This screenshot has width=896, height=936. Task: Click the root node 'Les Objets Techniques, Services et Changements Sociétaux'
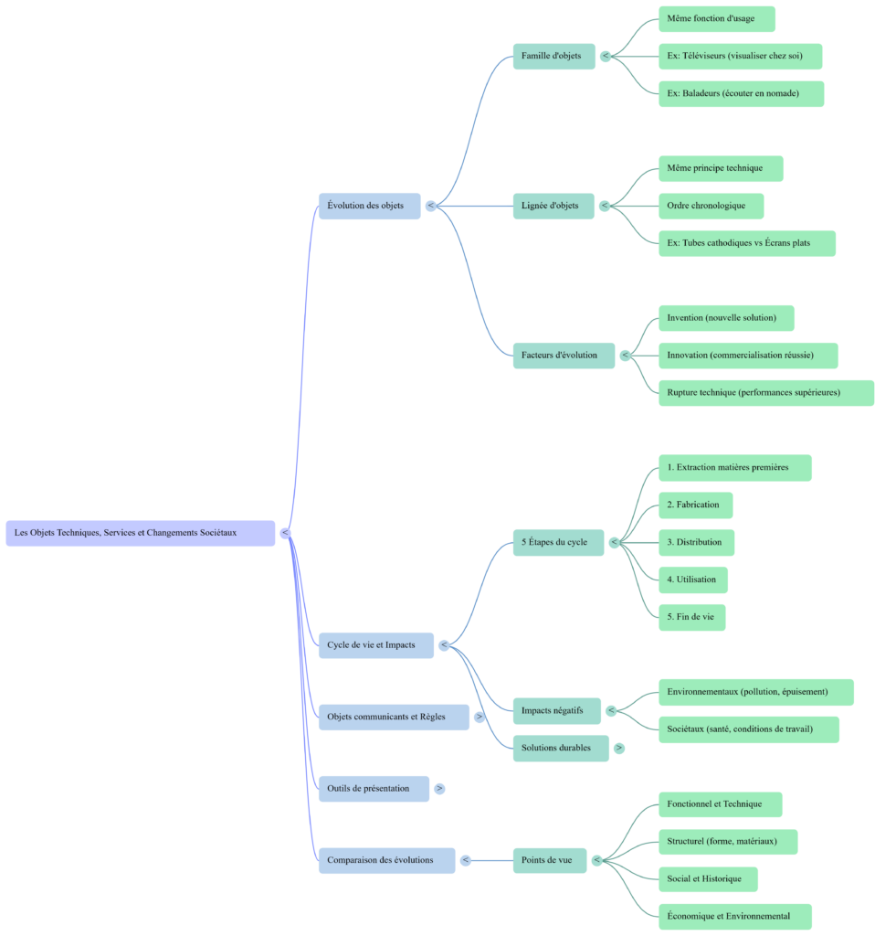tap(140, 533)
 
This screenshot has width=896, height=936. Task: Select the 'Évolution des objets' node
tap(369, 206)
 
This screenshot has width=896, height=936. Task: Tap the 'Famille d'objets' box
tap(553, 56)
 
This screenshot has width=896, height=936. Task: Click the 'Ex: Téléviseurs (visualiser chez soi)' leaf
tap(739, 57)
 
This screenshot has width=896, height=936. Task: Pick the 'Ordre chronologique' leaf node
tap(710, 206)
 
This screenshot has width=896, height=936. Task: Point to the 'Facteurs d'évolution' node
tap(563, 356)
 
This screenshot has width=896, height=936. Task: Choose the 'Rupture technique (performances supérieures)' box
tap(765, 393)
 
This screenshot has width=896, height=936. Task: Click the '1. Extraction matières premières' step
tap(734, 468)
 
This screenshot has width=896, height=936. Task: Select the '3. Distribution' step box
tap(695, 542)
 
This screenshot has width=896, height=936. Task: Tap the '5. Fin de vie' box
tap(690, 617)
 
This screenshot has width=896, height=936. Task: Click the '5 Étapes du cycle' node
tap(557, 542)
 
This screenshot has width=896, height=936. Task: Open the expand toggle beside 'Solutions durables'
tap(619, 749)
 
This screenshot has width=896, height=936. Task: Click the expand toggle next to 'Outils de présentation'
tap(439, 789)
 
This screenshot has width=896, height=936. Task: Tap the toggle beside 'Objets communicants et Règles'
tap(480, 718)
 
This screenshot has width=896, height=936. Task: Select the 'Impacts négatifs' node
tap(556, 711)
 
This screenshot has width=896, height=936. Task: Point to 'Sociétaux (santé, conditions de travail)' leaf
tap(747, 729)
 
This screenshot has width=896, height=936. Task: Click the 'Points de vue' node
tap(549, 860)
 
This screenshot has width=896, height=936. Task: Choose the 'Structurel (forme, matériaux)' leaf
tap(727, 842)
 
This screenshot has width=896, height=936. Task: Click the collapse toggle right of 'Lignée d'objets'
tap(604, 207)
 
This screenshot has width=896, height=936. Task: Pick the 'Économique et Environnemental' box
tap(734, 916)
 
